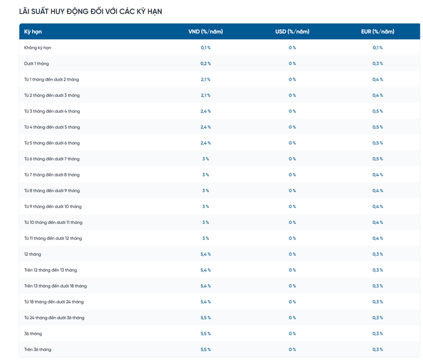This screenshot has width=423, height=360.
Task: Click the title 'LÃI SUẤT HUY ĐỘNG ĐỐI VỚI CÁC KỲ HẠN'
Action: [91, 11]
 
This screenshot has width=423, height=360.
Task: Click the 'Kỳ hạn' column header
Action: [33, 32]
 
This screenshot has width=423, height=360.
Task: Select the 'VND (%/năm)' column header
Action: [206, 32]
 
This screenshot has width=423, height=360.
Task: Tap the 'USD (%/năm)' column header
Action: [292, 32]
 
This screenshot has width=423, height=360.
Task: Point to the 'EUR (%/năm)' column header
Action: [377, 32]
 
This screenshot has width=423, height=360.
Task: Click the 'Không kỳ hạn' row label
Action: [38, 48]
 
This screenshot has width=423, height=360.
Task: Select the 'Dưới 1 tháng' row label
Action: [36, 63]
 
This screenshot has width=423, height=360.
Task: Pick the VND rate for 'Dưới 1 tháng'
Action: [206, 63]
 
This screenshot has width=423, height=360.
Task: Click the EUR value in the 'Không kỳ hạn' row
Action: [377, 48]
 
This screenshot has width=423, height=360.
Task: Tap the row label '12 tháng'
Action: [32, 254]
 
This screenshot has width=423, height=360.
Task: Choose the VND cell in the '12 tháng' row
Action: [206, 254]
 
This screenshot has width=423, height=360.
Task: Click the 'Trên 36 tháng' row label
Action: [38, 349]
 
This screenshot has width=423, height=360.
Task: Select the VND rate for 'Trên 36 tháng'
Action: [206, 349]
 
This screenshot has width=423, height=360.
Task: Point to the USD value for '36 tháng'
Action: [292, 334]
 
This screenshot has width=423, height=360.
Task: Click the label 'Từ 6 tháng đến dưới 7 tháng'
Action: [52, 159]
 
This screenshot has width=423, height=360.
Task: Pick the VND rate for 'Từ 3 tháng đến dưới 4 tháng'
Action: [206, 112]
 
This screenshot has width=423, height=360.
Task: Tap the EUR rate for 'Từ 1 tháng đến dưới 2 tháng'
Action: [377, 79]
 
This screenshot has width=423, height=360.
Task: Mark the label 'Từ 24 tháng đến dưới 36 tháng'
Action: [54, 318]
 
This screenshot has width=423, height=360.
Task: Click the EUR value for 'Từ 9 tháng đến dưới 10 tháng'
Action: [377, 207]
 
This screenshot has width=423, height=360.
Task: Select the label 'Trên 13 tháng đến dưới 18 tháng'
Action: [56, 286]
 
